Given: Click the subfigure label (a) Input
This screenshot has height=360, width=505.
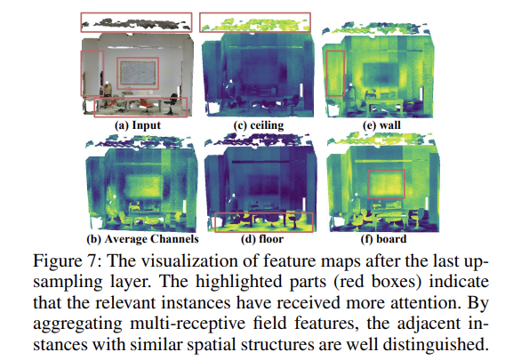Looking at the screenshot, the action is coord(138,125).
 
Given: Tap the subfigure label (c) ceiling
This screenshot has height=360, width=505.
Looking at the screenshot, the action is coord(259,125).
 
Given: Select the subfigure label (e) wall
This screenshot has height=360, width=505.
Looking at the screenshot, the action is coord(381,125).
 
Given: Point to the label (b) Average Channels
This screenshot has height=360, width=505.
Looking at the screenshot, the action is coord(142,239).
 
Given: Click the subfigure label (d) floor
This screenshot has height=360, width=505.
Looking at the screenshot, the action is coord(262,239).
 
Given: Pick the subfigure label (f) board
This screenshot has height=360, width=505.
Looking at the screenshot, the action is coord(383,239).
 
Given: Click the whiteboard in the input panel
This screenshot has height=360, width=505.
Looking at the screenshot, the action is coord(138,73).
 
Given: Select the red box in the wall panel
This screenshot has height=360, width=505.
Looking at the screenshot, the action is coord(326,73).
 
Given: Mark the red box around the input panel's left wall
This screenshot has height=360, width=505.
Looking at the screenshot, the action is coord(82,73).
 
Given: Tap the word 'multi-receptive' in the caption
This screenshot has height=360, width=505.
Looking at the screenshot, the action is coord(188,323).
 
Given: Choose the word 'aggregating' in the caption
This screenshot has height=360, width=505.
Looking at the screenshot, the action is coord(77,324).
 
